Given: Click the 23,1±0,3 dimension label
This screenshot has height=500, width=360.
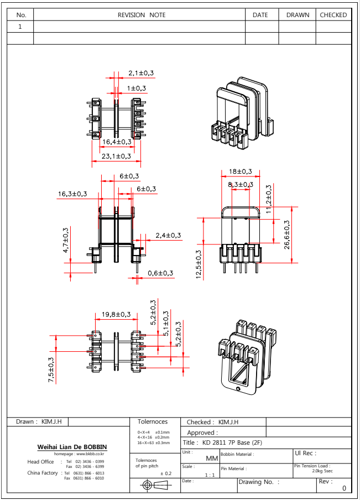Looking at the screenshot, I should pyautogui.click(x=116, y=156).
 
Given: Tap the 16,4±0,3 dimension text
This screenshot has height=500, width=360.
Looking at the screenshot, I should pyautogui.click(x=116, y=142).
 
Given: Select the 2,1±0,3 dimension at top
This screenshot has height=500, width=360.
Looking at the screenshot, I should pyautogui.click(x=141, y=73).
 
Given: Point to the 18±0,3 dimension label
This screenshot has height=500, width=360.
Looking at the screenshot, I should pyautogui.click(x=240, y=171).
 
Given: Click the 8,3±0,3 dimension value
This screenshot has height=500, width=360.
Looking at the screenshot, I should pyautogui.click(x=240, y=184).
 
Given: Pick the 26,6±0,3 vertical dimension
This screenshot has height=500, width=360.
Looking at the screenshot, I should pyautogui.click(x=286, y=235).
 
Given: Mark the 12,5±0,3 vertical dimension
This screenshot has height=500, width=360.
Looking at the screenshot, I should pyautogui.click(x=199, y=265).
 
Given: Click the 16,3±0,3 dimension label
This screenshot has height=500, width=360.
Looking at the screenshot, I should pyautogui.click(x=72, y=194).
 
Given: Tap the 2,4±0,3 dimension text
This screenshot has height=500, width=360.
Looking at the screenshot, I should pyautogui.click(x=168, y=235).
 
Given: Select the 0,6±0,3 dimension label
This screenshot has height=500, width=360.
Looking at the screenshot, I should pyautogui.click(x=160, y=273).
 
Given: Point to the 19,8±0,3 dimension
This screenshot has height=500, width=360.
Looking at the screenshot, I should pyautogui.click(x=116, y=315).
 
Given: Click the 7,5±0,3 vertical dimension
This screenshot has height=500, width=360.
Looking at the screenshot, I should pyautogui.click(x=51, y=369).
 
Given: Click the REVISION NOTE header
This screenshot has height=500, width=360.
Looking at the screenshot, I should pyautogui.click(x=141, y=15).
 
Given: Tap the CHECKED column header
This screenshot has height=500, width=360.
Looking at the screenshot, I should pyautogui.click(x=333, y=15).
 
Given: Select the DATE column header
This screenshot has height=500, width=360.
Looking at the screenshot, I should pyautogui.click(x=260, y=15).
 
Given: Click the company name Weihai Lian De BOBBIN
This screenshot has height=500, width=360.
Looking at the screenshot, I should pyautogui.click(x=72, y=447).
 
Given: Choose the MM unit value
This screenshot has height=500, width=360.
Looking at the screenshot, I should pyautogui.click(x=211, y=459).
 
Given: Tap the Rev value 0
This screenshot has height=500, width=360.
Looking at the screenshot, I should pyautogui.click(x=344, y=488).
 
